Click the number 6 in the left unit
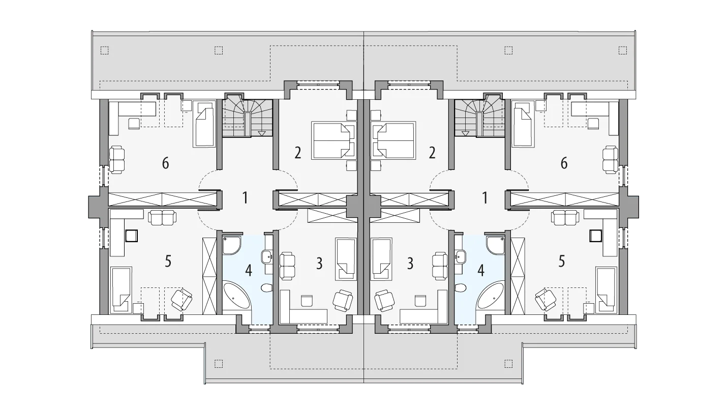click(166, 163)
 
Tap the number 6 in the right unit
click(564, 163)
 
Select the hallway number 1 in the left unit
click(245, 198)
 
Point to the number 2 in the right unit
click(432, 153)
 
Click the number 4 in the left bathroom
click(249, 271)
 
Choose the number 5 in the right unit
click(562, 261)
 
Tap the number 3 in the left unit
click(319, 264)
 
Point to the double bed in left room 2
click(334, 140)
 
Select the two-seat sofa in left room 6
click(116, 159)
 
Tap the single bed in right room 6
click(523, 124)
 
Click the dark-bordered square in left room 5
click(132, 236)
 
